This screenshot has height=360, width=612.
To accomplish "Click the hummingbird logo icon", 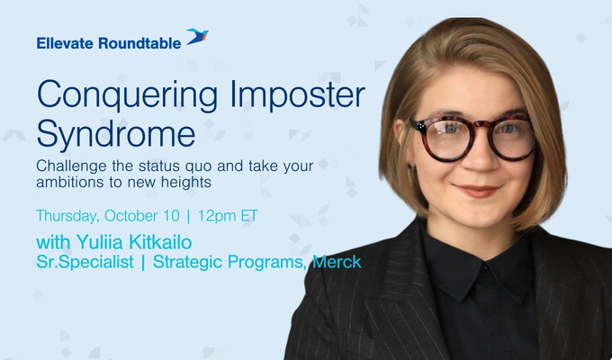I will pyautogui.click(x=197, y=38).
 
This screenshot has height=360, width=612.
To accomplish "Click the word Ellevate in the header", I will pyautogui.click(x=65, y=40).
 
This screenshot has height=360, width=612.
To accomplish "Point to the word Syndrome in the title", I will pyautogui.click(x=115, y=134).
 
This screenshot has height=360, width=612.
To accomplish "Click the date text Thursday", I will pyautogui.click(x=67, y=216).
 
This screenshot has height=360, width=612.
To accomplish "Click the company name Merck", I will pyautogui.click(x=337, y=263).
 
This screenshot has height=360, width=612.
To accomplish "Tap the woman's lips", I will pyautogui.click(x=477, y=190).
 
